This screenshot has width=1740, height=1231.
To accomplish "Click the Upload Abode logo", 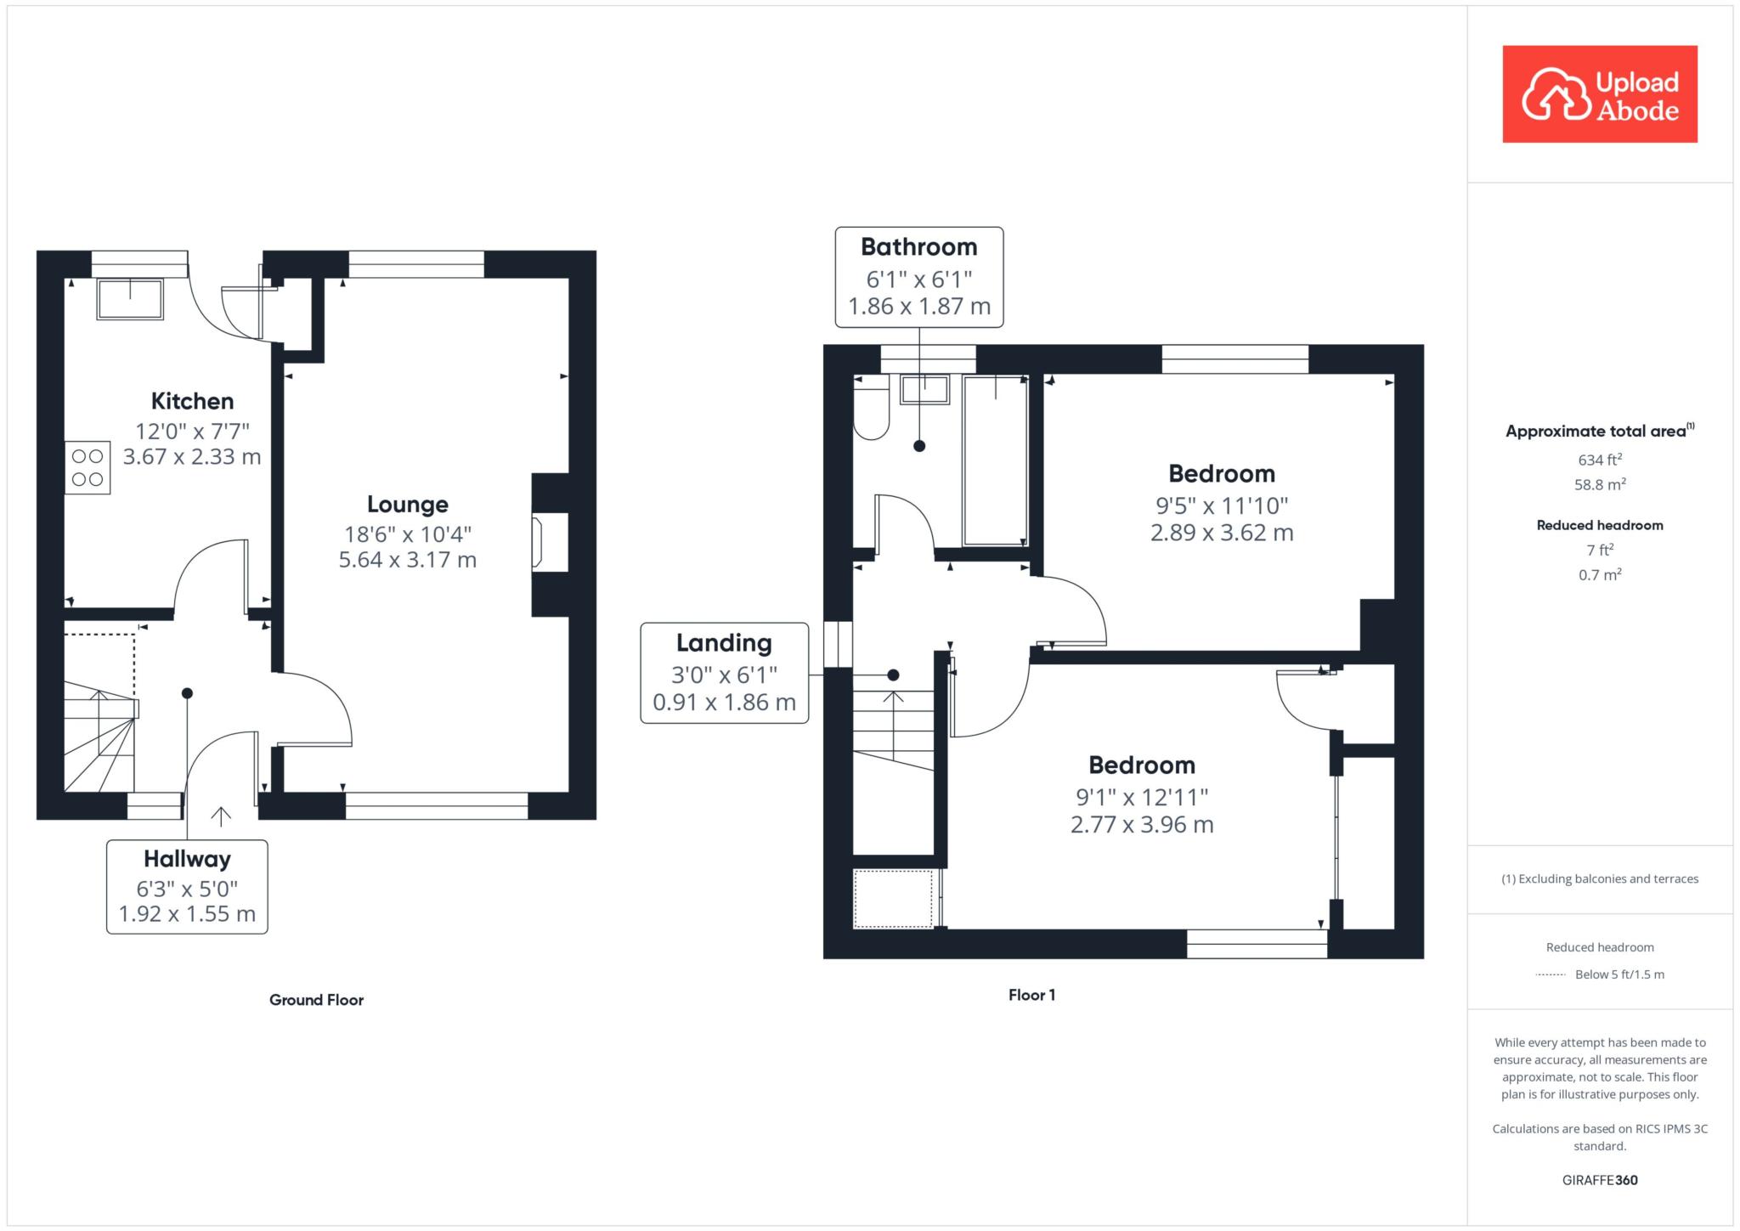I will [x=1599, y=94].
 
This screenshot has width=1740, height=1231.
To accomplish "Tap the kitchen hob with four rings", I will [x=88, y=467].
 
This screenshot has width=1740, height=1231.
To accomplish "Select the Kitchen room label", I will [x=192, y=401].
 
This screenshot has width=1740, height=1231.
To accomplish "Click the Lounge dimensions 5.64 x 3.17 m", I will [x=407, y=560].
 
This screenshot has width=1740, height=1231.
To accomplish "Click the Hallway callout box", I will [x=187, y=886].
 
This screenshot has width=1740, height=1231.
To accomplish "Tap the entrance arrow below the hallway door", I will [x=221, y=816].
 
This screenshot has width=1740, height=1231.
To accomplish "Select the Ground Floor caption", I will [x=316, y=1000].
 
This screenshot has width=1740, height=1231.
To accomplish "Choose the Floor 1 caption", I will [x=1031, y=995].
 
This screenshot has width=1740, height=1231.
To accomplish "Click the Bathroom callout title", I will [x=918, y=247].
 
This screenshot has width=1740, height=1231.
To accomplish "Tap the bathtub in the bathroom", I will [x=995, y=460].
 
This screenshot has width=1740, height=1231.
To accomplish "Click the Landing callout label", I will [x=724, y=643].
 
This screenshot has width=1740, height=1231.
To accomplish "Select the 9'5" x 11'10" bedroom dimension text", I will [x=1222, y=505].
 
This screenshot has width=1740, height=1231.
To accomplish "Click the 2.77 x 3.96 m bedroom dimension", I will [x=1142, y=824].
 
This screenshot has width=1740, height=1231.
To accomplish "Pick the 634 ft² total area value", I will [x=1600, y=460].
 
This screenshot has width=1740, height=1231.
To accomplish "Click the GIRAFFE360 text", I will [x=1600, y=1180].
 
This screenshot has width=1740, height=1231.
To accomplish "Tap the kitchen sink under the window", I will [x=130, y=299].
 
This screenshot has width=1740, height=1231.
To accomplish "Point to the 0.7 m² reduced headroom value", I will [x=1600, y=575].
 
